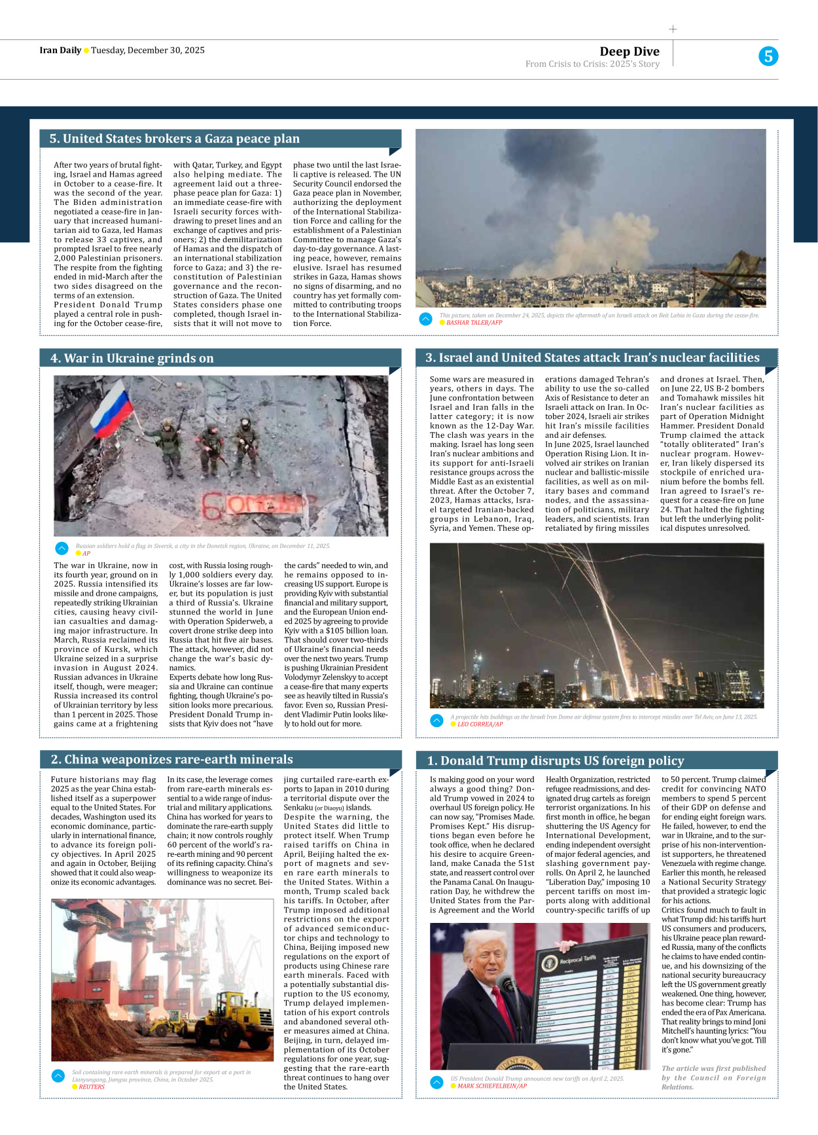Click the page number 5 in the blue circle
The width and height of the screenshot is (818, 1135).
click(768, 56)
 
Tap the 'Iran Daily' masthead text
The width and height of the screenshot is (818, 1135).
click(60, 50)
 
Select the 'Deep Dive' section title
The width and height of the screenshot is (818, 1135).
click(629, 52)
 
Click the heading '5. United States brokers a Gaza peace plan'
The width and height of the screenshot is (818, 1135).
click(175, 139)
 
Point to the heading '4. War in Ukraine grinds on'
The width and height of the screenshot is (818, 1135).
click(132, 358)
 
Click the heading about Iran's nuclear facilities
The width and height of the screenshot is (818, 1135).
click(592, 357)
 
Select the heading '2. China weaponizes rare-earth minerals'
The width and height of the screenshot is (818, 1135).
click(172, 759)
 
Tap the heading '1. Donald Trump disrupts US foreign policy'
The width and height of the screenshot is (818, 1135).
click(555, 761)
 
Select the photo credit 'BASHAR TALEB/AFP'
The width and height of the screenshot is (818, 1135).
click(474, 323)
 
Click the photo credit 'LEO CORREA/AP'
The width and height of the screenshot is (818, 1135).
click(480, 725)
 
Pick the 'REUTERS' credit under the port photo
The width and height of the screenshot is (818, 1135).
click(92, 1087)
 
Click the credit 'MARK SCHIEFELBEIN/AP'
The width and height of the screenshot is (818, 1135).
click(491, 1086)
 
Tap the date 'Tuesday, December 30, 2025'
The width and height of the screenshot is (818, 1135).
click(148, 50)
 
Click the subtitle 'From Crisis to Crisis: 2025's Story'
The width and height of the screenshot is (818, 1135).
click(592, 64)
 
